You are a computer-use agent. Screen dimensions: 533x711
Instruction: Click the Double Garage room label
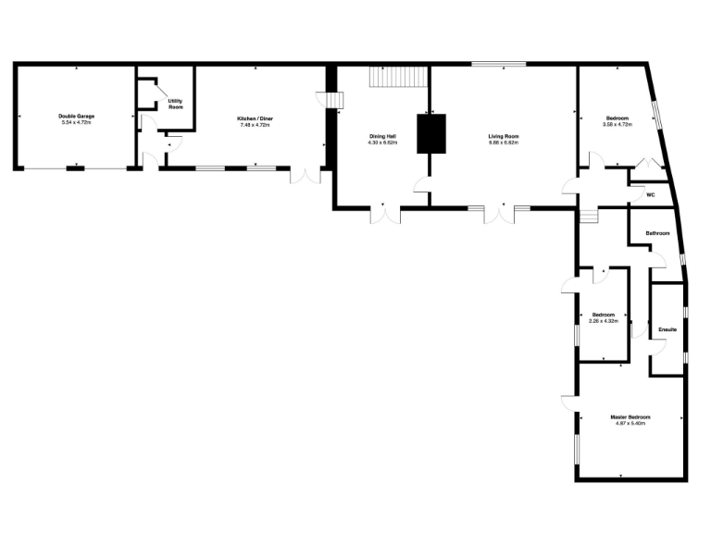[78, 117]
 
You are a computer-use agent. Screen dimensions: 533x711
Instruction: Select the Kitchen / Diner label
[255, 119]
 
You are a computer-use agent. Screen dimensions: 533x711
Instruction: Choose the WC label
[650, 195]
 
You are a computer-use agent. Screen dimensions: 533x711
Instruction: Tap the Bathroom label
[657, 233]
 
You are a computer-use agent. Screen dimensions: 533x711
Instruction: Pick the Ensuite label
[667, 329]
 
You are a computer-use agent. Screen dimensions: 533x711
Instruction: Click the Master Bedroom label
[630, 417]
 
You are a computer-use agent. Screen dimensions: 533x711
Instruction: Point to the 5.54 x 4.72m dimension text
[78, 122]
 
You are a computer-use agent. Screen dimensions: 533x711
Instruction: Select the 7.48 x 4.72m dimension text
[255, 125]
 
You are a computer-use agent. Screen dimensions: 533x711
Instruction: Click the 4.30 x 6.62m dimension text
[382, 143]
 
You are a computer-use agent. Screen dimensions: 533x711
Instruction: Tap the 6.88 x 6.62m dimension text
[504, 143]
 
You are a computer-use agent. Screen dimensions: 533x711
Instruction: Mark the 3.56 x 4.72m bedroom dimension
[617, 124]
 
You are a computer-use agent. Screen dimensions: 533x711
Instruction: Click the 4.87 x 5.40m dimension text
[630, 423]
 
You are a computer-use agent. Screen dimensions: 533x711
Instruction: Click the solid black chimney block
[430, 133]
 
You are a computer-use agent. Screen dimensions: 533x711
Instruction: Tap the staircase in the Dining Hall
[398, 78]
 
